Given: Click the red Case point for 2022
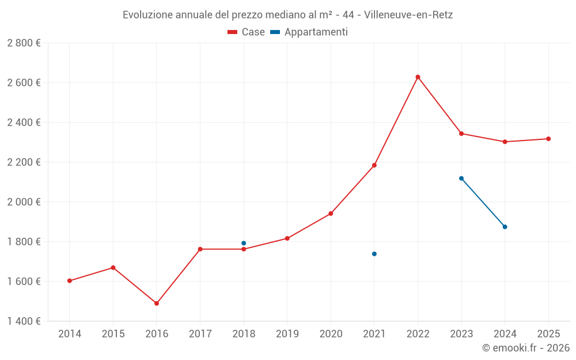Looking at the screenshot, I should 418,77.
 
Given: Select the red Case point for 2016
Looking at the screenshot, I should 157,304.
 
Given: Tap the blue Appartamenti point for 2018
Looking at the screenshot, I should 244,243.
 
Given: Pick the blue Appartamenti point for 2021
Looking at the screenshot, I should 374,254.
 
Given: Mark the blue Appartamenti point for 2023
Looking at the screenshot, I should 461,179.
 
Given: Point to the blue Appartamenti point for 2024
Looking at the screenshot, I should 505,227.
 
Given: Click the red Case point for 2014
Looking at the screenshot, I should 70,281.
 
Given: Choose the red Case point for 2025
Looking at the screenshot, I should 548,139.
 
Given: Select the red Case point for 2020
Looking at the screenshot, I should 331,214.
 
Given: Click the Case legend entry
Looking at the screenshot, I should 247,32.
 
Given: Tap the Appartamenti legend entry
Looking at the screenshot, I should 309,32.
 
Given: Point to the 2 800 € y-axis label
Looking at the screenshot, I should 24,43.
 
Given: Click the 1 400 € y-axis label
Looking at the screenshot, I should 24,321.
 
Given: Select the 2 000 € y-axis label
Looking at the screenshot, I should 24,202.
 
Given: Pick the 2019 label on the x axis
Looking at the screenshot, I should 287,334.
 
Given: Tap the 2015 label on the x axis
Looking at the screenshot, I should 113,334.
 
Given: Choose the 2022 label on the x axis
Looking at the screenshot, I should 418,334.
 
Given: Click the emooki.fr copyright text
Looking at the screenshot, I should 526,348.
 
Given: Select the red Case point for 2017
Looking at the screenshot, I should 200,249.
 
